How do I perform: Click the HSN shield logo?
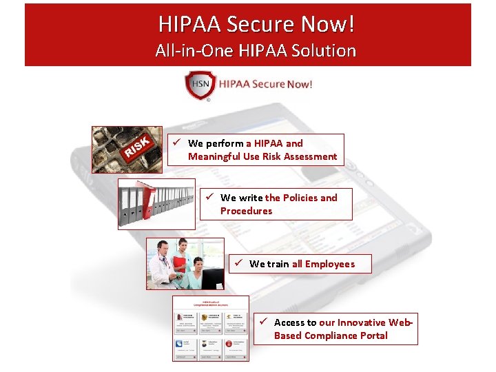tap(200, 85)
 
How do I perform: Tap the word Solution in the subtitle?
tap(326, 50)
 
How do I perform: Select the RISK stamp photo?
tap(127, 149)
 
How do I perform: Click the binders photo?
tap(156, 204)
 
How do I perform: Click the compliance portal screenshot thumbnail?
tap(210, 328)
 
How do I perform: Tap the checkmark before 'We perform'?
tap(177, 143)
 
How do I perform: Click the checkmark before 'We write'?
tap(210, 198)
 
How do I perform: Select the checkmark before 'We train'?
tap(238, 263)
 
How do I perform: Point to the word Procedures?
tap(246, 211)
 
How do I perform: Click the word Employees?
tap(330, 264)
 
